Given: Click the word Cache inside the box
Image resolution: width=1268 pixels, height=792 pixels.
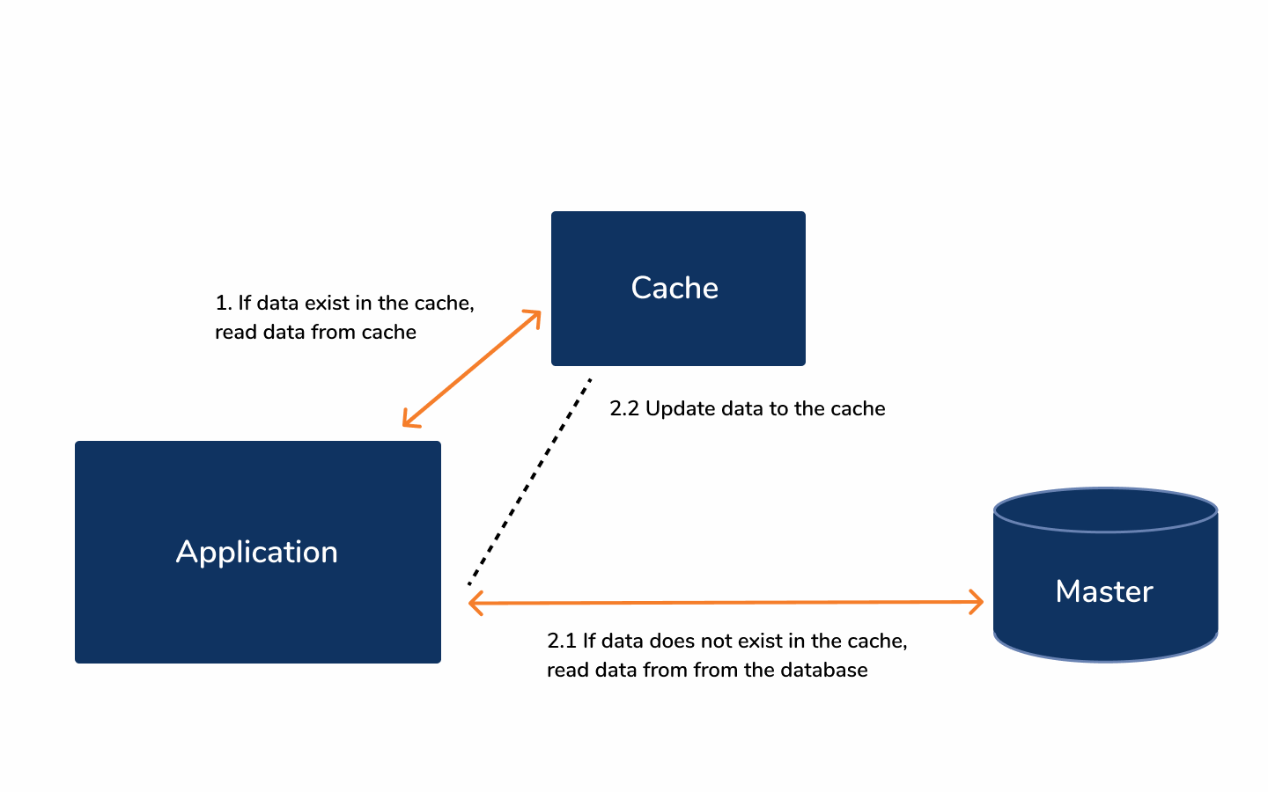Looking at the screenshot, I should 675,288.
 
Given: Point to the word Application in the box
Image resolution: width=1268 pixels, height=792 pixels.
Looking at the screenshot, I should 257,552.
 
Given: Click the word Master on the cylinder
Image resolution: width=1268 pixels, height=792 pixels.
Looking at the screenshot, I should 1104,591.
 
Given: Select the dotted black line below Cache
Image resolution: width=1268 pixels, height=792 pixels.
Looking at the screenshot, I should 529,482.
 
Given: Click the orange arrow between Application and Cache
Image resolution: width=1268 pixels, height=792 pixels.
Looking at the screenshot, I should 471,369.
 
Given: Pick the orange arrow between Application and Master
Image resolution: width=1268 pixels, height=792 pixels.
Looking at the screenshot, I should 726,603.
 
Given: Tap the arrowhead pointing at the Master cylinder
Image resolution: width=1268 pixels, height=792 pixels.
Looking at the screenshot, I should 977,602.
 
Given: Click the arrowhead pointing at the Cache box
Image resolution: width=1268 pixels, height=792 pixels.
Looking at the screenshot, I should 533,316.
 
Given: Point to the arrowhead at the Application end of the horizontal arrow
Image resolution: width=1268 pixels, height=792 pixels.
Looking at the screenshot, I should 475,604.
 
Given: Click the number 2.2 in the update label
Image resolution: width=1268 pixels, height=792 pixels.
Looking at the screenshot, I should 624,408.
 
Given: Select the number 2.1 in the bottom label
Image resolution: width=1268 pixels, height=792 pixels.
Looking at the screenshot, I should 561,641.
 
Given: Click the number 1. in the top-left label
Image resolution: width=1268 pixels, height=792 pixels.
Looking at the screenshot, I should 224,303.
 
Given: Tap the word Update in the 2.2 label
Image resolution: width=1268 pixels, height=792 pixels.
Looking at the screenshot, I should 680,408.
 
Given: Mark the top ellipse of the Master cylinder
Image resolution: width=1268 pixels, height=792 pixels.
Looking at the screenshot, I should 1105,510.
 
